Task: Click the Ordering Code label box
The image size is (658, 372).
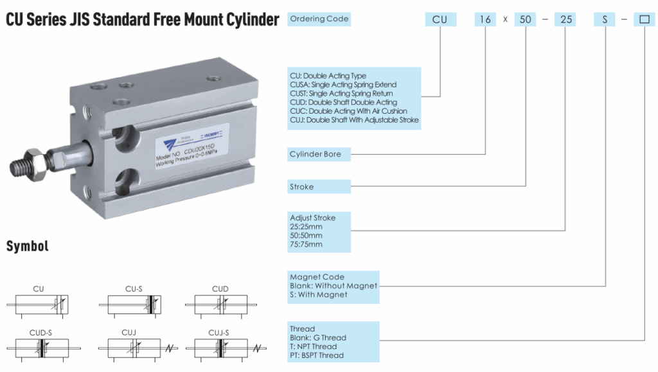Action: [x=319, y=19]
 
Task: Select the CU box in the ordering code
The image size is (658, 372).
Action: [x=440, y=19]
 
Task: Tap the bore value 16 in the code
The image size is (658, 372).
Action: [x=485, y=19]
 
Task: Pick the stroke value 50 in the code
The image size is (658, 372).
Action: [x=526, y=19]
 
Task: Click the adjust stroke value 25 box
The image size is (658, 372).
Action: [x=565, y=19]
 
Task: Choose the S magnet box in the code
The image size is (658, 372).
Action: [x=605, y=19]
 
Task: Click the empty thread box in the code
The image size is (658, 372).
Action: [x=644, y=19]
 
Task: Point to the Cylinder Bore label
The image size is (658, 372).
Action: [x=319, y=154]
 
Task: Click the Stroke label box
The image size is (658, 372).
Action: [x=319, y=187]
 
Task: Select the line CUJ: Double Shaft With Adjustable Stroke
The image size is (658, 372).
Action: [x=354, y=120]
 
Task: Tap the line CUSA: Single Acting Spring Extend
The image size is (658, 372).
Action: [x=343, y=85]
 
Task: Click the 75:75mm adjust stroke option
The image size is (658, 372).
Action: [x=307, y=244]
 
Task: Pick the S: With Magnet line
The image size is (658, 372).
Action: [x=319, y=295]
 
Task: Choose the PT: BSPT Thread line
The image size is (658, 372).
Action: [x=317, y=355]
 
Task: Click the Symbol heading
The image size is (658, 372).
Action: [x=27, y=246]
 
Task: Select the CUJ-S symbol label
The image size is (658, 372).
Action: [x=218, y=333]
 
